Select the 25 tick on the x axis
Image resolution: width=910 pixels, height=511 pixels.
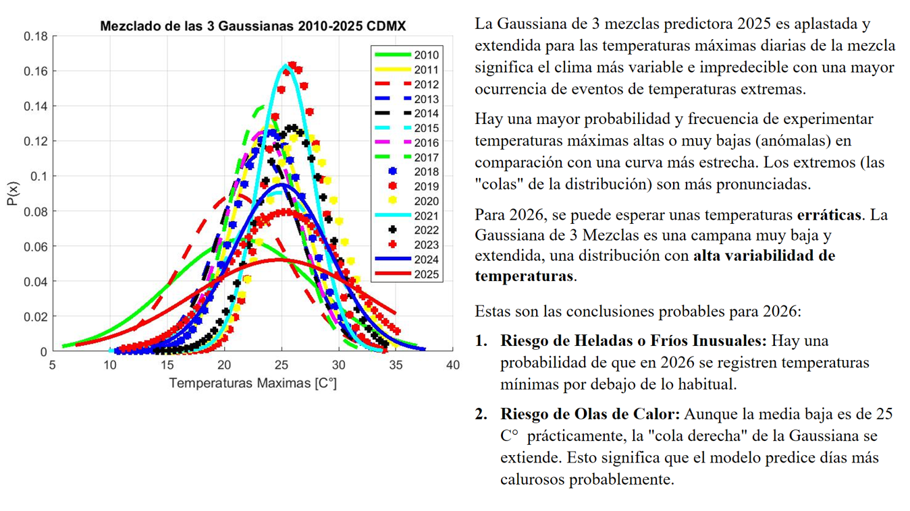[282, 365]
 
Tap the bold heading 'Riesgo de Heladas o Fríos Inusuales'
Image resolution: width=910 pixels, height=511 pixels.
[633, 340]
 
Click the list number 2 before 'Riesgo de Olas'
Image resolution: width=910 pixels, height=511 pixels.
[481, 414]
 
